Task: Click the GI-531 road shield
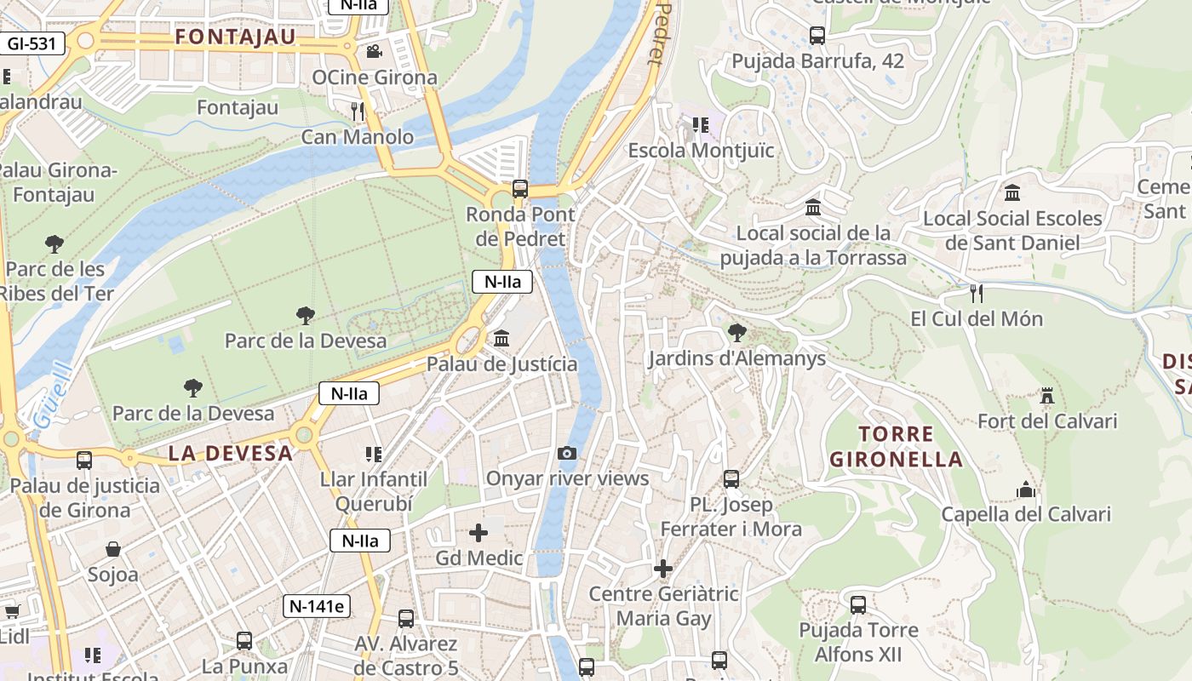(32, 43)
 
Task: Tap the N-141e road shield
(317, 606)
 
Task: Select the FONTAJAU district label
(235, 37)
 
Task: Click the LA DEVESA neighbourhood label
(231, 453)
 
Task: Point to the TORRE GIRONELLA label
(896, 447)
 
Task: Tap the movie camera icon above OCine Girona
(374, 51)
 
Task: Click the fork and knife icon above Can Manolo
(358, 111)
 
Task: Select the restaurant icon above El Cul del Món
(976, 293)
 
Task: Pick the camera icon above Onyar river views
(567, 453)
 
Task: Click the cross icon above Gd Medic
(479, 533)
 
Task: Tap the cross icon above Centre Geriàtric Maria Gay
(663, 568)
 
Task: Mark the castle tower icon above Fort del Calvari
(1046, 396)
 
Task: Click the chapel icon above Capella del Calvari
(1026, 489)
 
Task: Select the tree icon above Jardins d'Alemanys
(737, 333)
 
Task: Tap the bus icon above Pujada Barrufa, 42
(817, 36)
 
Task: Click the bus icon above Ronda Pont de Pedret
(519, 189)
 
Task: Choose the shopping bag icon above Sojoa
(112, 549)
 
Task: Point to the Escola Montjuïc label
(701, 151)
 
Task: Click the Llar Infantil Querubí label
(374, 491)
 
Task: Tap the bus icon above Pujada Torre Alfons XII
(858, 605)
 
